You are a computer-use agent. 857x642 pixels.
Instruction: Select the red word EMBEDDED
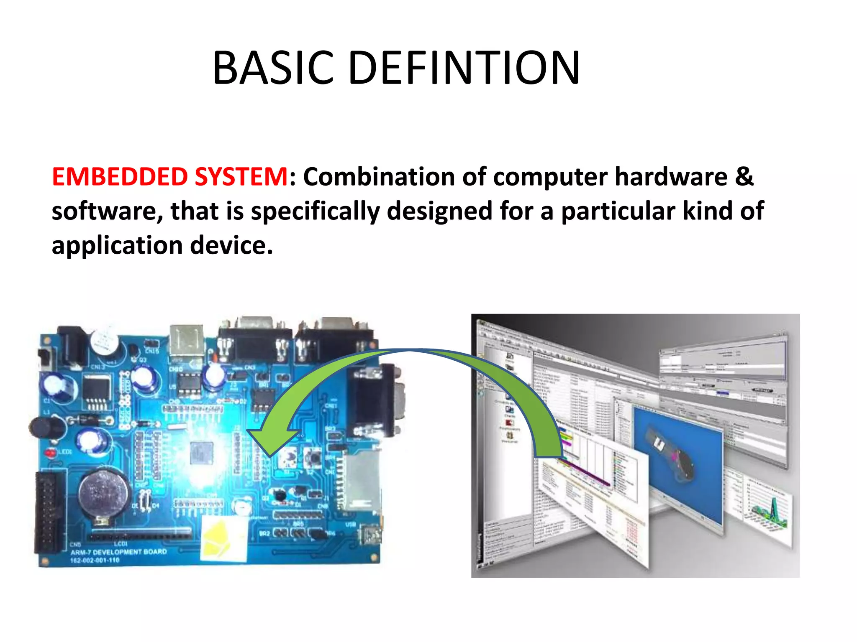119,176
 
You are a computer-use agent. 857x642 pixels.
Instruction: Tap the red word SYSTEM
241,176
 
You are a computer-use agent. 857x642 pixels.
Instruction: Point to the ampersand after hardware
744,176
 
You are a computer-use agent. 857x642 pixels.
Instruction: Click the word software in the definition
107,211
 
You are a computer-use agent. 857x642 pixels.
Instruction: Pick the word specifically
315,211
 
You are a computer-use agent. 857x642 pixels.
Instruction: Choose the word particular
618,211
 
